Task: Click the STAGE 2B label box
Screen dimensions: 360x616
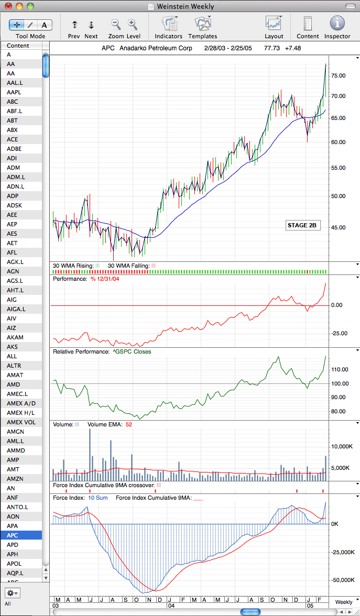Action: click(x=302, y=225)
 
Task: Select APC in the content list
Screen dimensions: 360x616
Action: click(x=21, y=535)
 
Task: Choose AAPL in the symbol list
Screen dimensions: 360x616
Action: click(x=21, y=92)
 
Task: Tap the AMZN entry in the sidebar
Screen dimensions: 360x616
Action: click(x=21, y=479)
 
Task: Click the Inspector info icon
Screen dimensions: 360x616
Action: click(x=337, y=23)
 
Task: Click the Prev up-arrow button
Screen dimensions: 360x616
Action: click(x=74, y=25)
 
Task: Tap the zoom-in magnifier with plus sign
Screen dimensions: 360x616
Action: click(x=133, y=25)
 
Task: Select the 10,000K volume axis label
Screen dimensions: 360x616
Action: click(x=341, y=446)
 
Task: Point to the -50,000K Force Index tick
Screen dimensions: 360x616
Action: click(x=342, y=580)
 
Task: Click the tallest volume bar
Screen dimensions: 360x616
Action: click(x=90, y=454)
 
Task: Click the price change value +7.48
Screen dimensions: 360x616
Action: click(x=293, y=48)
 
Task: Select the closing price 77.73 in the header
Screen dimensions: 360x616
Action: click(x=272, y=48)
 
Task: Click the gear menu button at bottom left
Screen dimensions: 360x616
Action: click(x=13, y=592)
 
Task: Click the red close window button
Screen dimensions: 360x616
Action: click(x=8, y=6)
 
